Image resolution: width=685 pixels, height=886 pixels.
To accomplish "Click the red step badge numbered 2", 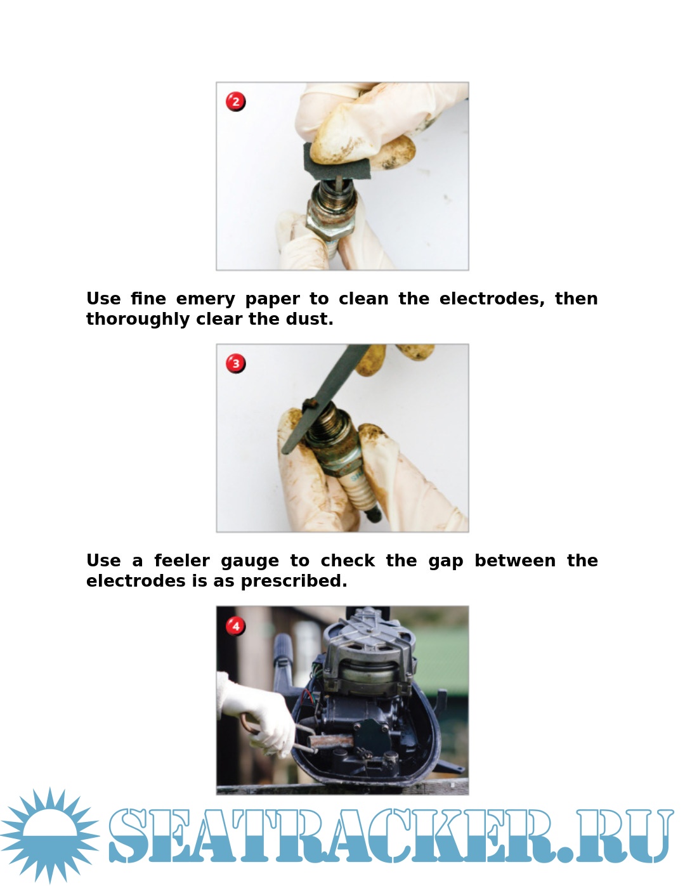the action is coord(236,101).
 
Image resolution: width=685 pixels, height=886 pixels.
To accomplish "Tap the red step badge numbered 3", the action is coord(236,363).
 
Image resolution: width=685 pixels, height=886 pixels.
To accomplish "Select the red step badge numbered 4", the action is coord(236,626).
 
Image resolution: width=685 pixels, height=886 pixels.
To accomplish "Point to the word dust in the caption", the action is coord(310,319).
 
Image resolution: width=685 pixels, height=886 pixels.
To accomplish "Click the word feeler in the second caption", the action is coord(182,561).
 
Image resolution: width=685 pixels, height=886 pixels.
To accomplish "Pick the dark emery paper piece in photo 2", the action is coord(335,163).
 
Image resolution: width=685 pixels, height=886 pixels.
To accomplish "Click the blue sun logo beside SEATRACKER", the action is coord(49,836).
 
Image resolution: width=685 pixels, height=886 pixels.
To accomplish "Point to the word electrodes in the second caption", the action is coord(136,581).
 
